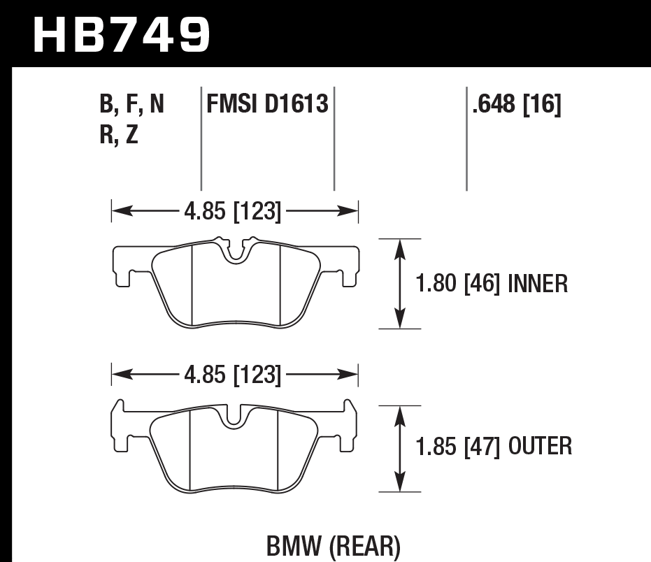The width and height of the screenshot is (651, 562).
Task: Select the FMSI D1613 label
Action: tap(267, 106)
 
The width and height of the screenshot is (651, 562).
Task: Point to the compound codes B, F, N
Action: tap(132, 106)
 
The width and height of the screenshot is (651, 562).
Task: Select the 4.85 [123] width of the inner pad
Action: tap(233, 210)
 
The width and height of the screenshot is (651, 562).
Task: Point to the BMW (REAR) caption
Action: tap(333, 546)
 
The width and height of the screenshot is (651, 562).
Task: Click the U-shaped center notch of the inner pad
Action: tap(236, 252)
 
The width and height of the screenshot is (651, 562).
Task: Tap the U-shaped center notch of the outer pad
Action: tap(235, 418)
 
